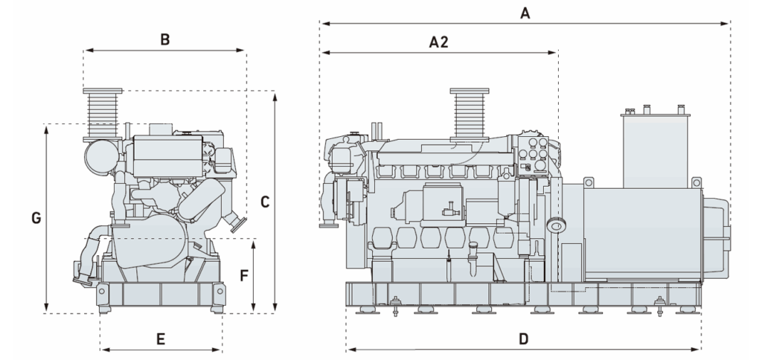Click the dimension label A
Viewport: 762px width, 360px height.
coord(525,13)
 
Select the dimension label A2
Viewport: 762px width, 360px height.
coord(439,42)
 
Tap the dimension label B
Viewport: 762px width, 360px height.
coord(165,39)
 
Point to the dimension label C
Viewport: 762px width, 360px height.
coord(264,201)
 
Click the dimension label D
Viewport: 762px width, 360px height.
coord(524,339)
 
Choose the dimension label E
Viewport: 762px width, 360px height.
coord(160,339)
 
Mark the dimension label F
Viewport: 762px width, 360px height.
coord(243,274)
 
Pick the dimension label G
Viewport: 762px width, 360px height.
coord(35,218)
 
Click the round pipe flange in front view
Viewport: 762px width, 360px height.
coord(237,223)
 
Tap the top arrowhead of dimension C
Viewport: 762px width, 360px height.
coord(275,95)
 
